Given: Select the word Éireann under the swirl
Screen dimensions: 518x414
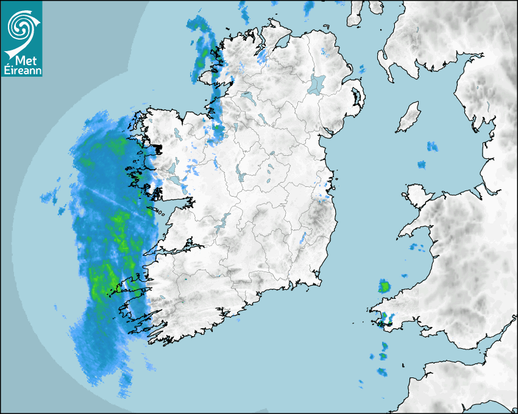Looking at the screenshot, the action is click(21, 70).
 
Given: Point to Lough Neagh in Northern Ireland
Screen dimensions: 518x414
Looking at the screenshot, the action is click(317, 83).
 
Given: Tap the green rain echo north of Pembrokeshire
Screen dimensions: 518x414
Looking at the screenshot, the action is click(385, 286).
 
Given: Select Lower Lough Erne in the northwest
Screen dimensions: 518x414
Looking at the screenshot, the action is click(247, 96).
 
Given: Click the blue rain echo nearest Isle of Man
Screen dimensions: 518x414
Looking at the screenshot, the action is click(432, 146).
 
